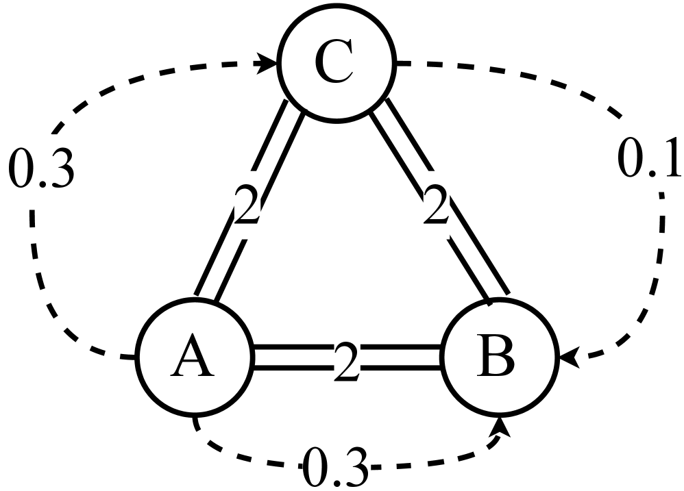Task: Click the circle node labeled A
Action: pos(194,358)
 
